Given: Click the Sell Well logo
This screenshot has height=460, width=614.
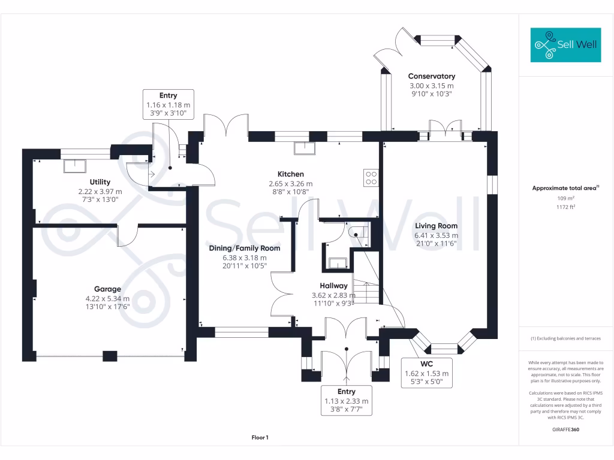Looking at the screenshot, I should click(565, 44).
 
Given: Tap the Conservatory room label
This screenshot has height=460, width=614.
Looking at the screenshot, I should click(431, 76).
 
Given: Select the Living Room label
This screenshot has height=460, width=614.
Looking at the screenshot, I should click(436, 226).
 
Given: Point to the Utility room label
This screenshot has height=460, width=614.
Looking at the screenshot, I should click(100, 182).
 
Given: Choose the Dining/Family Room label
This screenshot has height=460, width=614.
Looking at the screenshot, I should click(244, 248).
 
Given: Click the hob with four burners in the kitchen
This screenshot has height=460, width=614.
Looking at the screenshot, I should click(371, 177).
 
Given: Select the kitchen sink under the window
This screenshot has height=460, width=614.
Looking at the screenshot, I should click(304, 149).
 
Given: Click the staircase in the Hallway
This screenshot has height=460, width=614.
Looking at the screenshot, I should click(365, 293).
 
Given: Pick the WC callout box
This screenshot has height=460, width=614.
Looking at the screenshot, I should click(426, 373).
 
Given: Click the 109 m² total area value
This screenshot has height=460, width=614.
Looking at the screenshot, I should click(566, 198).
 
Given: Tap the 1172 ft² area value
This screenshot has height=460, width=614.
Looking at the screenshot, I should click(566, 207).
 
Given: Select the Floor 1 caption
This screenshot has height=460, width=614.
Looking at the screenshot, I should click(260, 438).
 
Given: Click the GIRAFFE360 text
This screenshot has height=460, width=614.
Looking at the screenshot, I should click(565, 429).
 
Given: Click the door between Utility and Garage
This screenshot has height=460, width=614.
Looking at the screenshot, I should click(128, 235).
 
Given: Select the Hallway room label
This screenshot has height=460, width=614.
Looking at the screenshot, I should click(333, 286).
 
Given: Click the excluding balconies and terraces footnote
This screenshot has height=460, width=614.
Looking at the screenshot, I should click(565, 338).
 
